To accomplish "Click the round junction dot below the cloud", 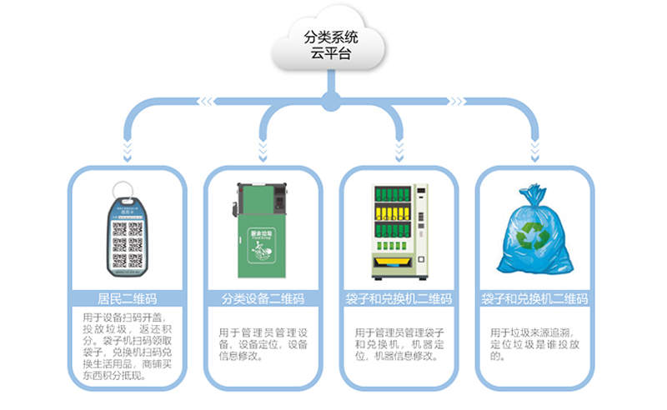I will pyautogui.click(x=333, y=102).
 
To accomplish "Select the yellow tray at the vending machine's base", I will pyautogui.click(x=398, y=264).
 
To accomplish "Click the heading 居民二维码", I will pyautogui.click(x=126, y=298).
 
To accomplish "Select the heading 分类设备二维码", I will pyautogui.click(x=262, y=298).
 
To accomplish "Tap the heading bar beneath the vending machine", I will pyautogui.click(x=399, y=298).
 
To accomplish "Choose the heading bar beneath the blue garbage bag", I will pyautogui.click(x=534, y=298).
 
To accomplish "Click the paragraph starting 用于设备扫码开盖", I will pyautogui.click(x=126, y=346).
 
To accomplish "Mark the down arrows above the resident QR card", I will pyautogui.click(x=126, y=150).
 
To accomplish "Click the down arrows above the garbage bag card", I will pyautogui.click(x=534, y=150).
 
